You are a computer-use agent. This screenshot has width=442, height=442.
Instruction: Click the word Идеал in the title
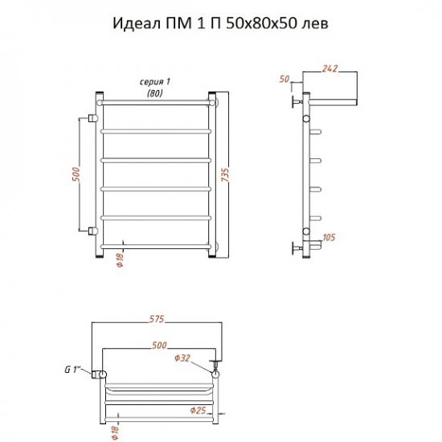(x=137, y=23)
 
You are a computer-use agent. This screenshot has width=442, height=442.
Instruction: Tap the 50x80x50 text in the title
(x=261, y=23)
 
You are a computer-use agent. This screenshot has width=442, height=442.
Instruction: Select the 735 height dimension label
(x=226, y=175)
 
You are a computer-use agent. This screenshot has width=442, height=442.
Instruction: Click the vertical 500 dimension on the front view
(x=76, y=174)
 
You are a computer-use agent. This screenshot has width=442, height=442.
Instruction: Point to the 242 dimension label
(x=329, y=68)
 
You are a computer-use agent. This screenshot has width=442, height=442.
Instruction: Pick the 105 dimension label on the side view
(x=329, y=237)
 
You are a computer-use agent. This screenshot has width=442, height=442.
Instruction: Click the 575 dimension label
(x=157, y=319)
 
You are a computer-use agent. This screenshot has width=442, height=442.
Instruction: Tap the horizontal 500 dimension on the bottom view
(x=159, y=346)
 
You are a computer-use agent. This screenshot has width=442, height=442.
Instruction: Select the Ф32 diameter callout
(x=182, y=358)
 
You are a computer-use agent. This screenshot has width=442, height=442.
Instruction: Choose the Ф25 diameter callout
(x=198, y=410)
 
